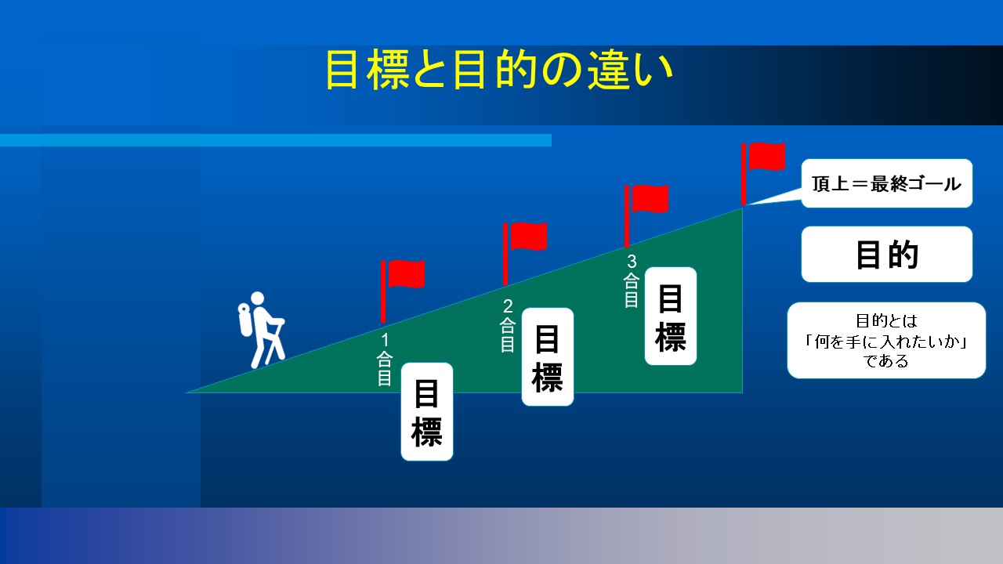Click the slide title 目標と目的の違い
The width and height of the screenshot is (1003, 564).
click(x=499, y=70)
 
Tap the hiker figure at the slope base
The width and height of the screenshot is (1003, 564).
click(x=262, y=330)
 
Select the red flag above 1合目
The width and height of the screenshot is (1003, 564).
click(x=403, y=291)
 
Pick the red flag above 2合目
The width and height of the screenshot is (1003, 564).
click(x=525, y=253)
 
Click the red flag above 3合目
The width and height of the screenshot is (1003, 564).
click(x=646, y=215)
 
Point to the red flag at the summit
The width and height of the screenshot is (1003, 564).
click(x=763, y=174)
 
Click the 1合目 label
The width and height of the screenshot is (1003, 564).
click(x=385, y=360)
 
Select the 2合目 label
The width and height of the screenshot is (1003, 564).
click(x=508, y=325)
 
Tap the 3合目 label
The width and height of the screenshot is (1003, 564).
click(x=632, y=280)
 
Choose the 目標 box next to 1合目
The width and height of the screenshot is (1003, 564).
click(x=427, y=412)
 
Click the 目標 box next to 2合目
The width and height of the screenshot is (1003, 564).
click(x=548, y=356)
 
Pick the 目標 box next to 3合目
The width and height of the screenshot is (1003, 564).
click(x=671, y=316)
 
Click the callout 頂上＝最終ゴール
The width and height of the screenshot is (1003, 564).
click(x=886, y=183)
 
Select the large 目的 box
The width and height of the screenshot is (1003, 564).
click(x=886, y=255)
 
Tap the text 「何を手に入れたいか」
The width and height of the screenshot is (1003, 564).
click(x=886, y=342)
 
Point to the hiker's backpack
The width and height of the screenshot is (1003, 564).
click(x=245, y=320)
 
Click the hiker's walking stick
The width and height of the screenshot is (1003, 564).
click(x=273, y=342)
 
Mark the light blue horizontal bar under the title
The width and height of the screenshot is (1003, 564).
click(x=276, y=140)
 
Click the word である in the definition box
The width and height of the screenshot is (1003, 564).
click(x=886, y=361)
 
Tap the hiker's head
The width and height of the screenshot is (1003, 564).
click(x=258, y=298)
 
